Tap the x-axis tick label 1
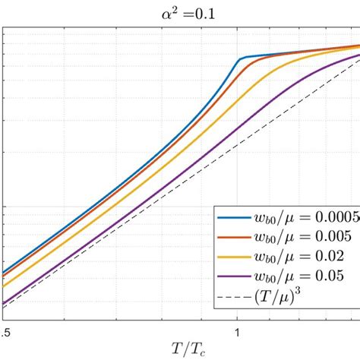point(238,330)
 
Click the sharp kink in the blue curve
point(239,58)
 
